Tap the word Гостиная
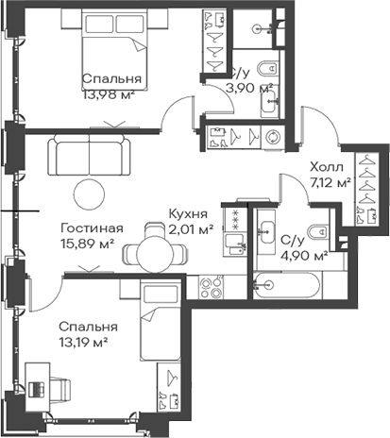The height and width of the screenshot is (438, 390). (92, 228)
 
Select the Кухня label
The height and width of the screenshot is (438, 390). (188, 214)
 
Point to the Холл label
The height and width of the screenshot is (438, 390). (327, 167)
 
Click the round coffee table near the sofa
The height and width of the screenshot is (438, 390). (89, 194)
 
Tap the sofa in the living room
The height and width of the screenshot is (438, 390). (89, 155)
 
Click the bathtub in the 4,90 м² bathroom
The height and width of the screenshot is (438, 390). (286, 285)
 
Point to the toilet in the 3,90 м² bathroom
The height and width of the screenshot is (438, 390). (267, 68)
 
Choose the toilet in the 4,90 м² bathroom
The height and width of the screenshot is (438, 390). (318, 232)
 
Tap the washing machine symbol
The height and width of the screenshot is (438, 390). (272, 138)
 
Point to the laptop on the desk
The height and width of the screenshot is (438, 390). (36, 389)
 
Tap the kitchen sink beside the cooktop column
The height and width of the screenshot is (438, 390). (234, 244)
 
